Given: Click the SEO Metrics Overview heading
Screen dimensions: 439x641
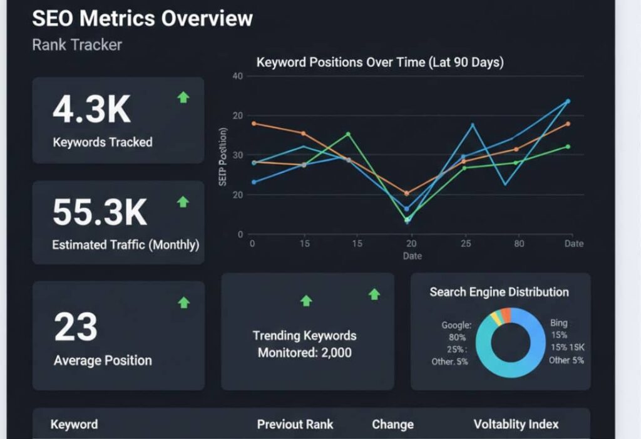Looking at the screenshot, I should tap(142, 18).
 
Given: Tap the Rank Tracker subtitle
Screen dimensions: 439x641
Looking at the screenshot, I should tap(77, 45).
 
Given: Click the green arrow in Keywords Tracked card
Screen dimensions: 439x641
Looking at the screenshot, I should tap(183, 97).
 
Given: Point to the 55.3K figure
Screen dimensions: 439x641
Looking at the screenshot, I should tap(100, 212).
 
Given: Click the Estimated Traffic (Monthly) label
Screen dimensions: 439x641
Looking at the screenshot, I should tap(125, 245).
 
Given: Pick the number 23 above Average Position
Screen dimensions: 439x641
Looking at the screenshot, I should tap(76, 327).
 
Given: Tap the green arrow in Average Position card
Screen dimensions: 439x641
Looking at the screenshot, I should tap(183, 303).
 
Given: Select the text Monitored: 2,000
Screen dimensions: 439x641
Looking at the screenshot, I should tap(304, 353).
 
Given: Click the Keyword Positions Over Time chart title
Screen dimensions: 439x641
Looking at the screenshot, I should tap(380, 63).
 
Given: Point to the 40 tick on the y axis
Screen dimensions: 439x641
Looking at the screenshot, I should tap(237, 76).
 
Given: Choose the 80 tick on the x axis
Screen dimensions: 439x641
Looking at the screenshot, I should tap(519, 244).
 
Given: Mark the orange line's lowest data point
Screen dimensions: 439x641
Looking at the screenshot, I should tap(407, 193).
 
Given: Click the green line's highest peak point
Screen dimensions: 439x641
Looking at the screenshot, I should tap(349, 134).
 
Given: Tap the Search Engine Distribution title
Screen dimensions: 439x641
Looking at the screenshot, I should tap(499, 292).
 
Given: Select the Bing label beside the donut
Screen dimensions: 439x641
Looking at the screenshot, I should tap(558, 323).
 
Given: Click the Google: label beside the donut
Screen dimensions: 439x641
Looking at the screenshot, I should tap(456, 325).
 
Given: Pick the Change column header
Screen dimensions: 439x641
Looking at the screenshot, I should tap(392, 424).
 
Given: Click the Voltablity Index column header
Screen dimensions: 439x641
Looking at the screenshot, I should tap(516, 424).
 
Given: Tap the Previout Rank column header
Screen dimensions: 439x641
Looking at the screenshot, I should tap(295, 424).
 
